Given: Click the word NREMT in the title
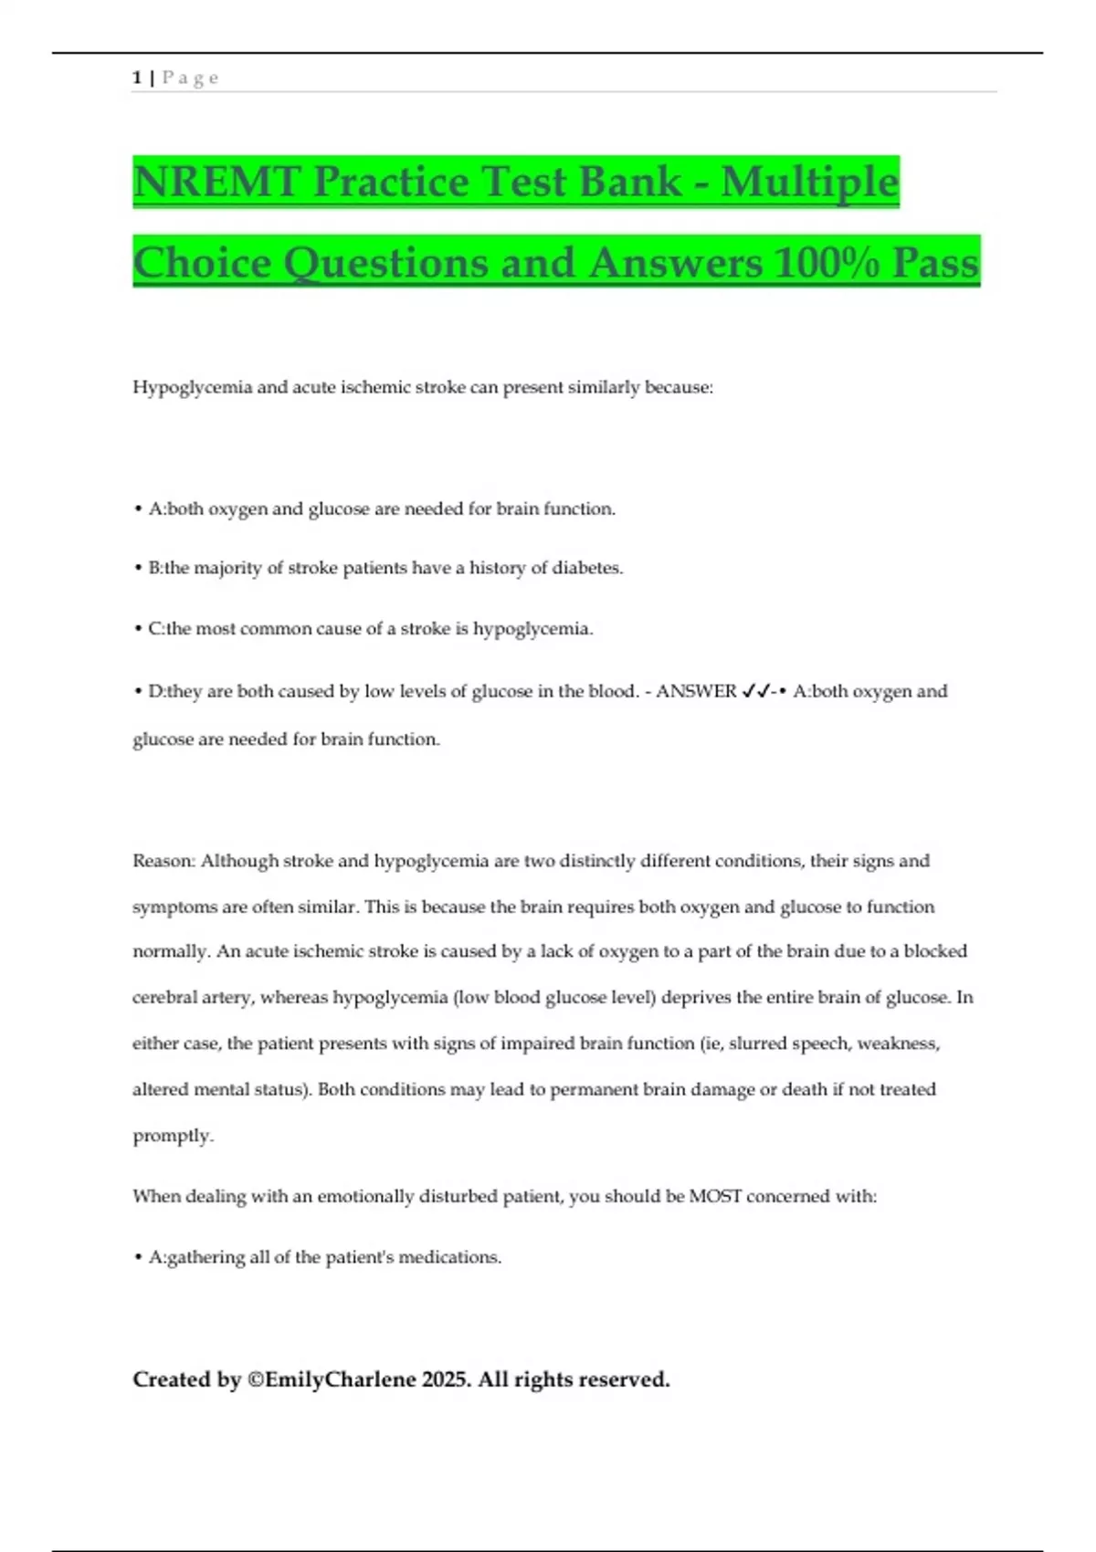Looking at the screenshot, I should [x=216, y=182].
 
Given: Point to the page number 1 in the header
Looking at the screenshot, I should [x=137, y=78].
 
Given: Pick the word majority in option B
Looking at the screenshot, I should [x=227, y=568].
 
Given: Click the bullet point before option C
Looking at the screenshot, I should [x=137, y=629].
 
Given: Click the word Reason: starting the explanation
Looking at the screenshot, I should [x=163, y=861].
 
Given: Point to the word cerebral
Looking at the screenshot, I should [x=164, y=998].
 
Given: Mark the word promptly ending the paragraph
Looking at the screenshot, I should [x=173, y=1136].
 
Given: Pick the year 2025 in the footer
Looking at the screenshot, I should [x=446, y=1379].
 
